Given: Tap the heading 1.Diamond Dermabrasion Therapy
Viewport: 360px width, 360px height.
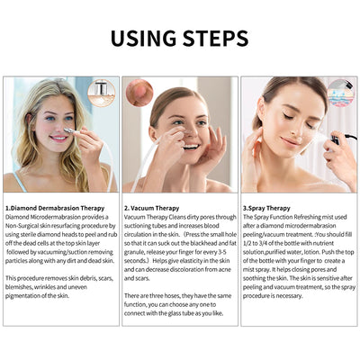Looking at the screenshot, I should (x=54, y=207).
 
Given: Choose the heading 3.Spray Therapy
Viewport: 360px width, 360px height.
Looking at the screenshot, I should (x=274, y=207).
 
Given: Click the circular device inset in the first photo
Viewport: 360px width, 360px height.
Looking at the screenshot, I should (x=101, y=94).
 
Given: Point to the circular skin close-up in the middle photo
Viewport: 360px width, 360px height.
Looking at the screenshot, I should (x=139, y=92).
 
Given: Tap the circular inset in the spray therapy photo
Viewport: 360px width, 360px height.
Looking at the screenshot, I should (x=340, y=93).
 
